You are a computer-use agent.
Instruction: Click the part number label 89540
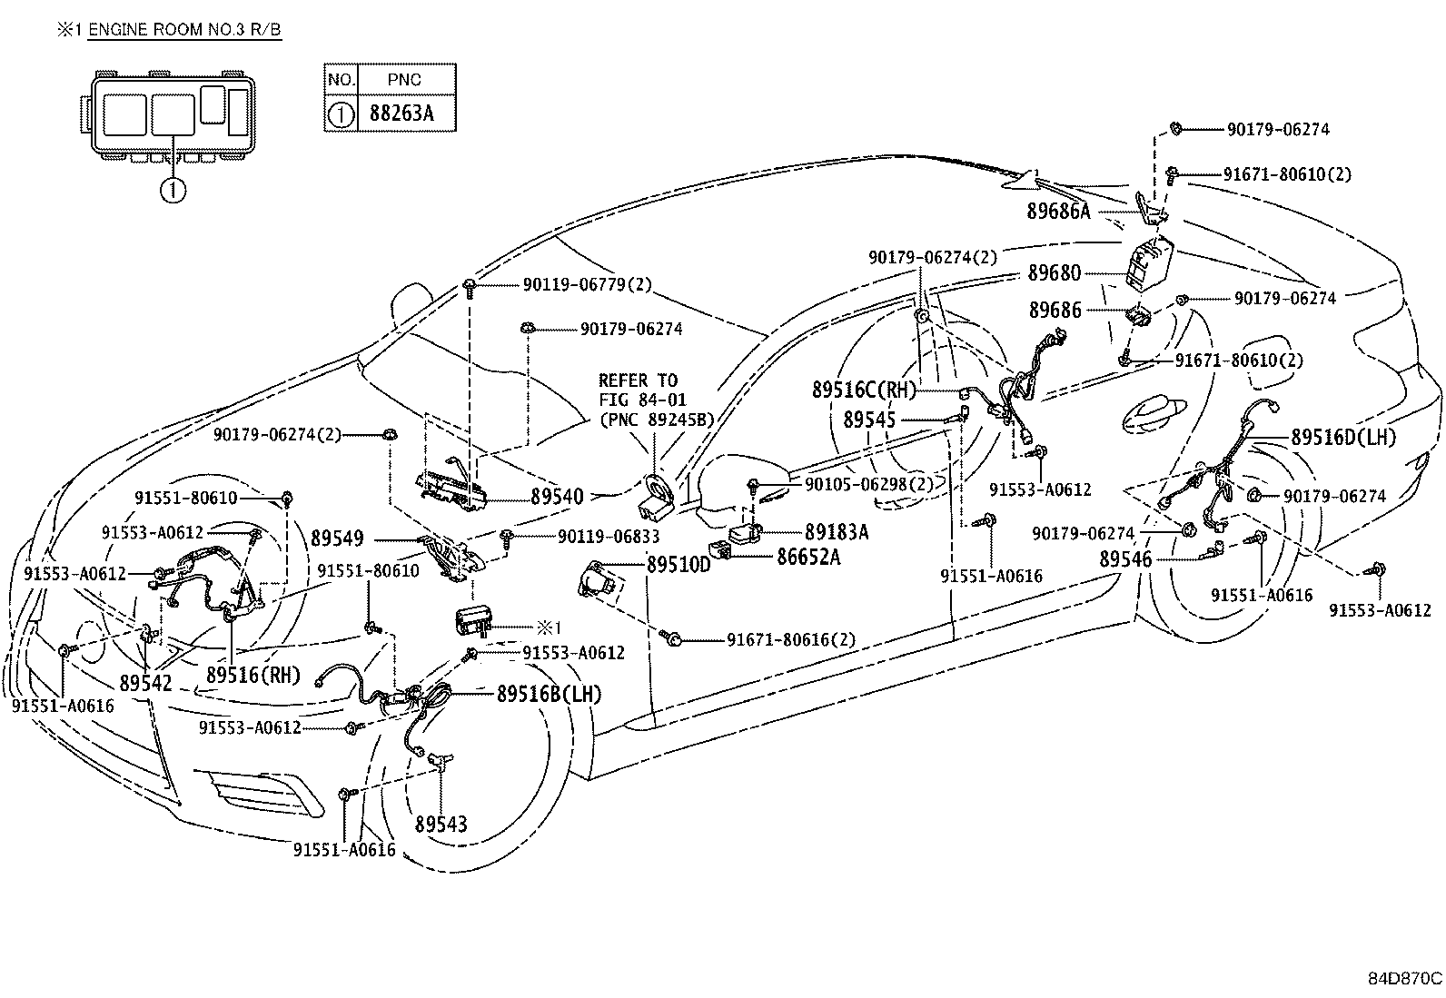[557, 497]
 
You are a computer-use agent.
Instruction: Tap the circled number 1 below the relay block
[173, 190]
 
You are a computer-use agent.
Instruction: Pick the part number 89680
[1055, 272]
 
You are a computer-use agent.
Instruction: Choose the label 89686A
[1058, 212]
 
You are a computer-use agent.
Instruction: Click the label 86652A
[807, 557]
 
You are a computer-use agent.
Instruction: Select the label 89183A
[837, 532]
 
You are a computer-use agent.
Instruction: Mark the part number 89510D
[678, 565]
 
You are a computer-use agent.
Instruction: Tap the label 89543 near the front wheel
[441, 824]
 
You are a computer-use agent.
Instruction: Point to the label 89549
[337, 538]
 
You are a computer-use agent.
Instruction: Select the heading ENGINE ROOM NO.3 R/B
[184, 30]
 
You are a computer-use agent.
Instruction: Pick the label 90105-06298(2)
[868, 484]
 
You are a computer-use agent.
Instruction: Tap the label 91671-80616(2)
[790, 639]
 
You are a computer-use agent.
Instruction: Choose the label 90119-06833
[608, 537]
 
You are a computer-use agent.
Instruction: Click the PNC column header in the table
[405, 79]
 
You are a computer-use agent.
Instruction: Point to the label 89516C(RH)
[864, 390]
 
